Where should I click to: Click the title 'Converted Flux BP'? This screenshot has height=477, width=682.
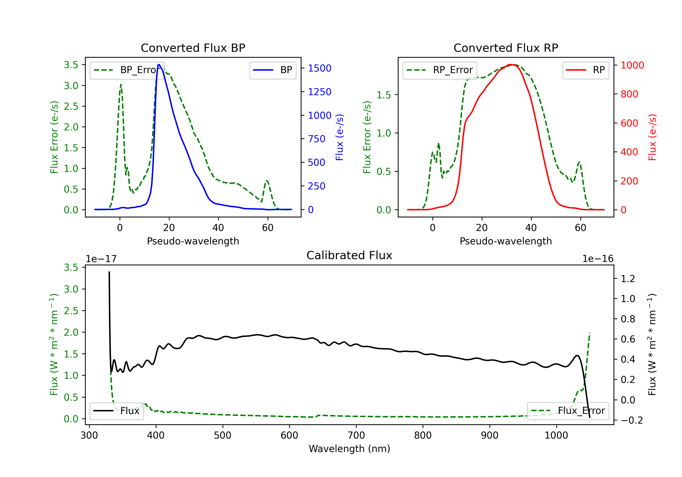point(193,48)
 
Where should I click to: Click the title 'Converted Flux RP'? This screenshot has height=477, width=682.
point(506,48)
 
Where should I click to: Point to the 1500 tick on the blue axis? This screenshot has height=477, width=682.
point(319,68)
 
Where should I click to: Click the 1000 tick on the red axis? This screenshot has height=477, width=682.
point(632,65)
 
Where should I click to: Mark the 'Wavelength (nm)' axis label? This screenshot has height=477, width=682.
point(349,449)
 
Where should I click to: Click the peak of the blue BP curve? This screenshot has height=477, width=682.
point(159,65)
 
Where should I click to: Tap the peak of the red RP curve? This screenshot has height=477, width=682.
point(511,65)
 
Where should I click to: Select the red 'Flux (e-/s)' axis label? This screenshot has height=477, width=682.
point(652,137)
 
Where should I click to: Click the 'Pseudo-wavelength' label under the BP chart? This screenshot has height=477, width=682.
point(193,241)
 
